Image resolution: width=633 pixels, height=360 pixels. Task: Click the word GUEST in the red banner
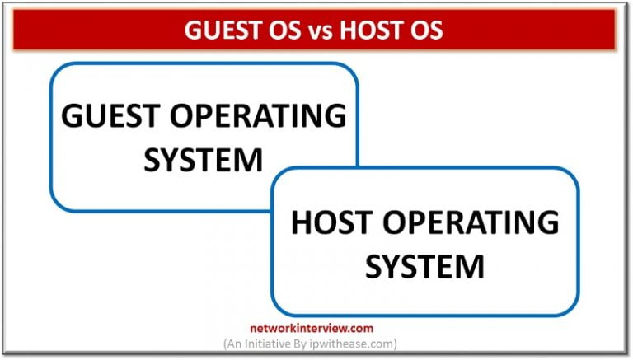[x=217, y=30]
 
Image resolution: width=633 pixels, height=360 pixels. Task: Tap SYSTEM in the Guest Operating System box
[x=203, y=159]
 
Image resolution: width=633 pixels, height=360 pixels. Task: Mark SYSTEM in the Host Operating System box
[x=424, y=265]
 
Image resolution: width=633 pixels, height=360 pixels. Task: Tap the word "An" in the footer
[x=237, y=343]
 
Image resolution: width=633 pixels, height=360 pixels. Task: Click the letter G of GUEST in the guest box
[x=72, y=116]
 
